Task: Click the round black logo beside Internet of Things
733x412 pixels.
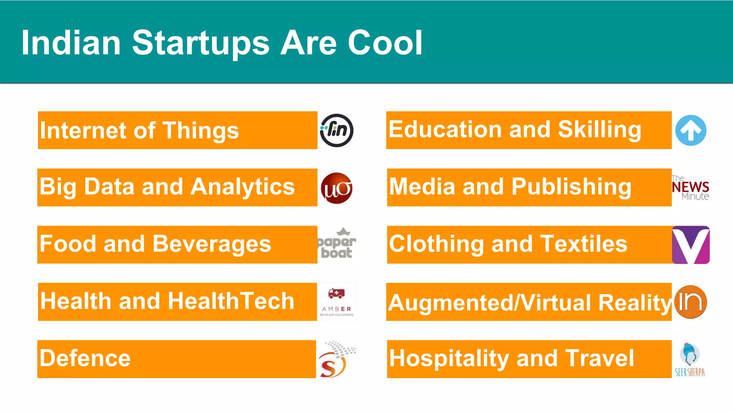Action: click(x=336, y=131)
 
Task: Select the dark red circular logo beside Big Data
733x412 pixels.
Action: click(x=336, y=188)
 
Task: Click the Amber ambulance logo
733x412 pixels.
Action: click(x=337, y=302)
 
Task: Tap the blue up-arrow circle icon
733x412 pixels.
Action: click(x=691, y=131)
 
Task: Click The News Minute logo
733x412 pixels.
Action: click(x=690, y=188)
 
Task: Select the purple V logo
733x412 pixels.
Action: click(x=691, y=245)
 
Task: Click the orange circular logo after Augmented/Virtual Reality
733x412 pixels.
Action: click(x=690, y=302)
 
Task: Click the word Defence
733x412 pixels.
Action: click(x=85, y=358)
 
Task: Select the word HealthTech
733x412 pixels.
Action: click(x=231, y=301)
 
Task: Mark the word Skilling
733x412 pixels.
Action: click(x=599, y=129)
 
